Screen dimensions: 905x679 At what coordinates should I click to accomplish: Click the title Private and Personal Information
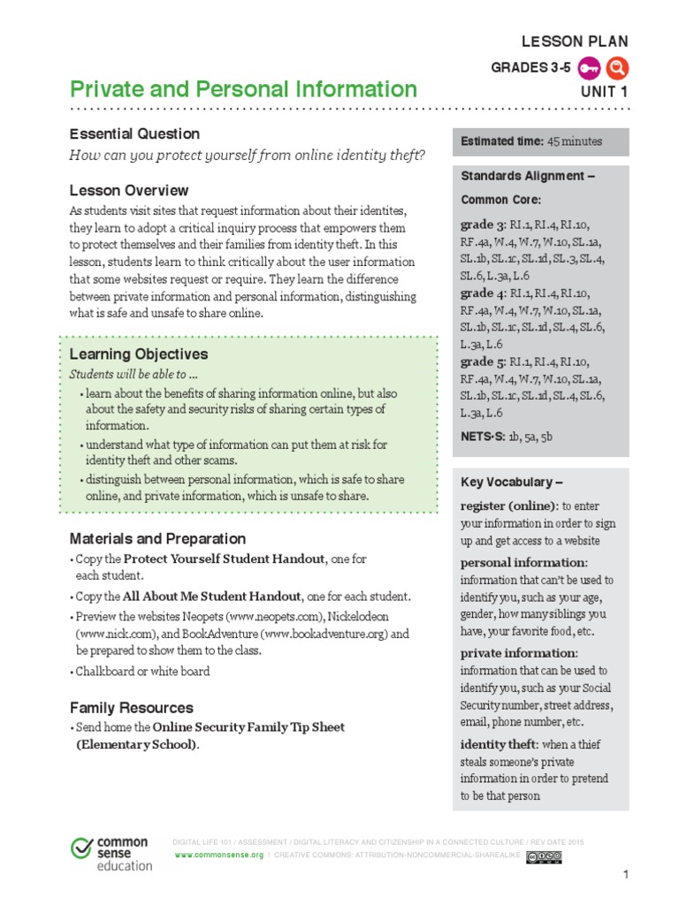coord(243,89)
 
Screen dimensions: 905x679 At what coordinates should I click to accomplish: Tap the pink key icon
coord(591,67)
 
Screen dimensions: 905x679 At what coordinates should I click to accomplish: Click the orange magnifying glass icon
coord(618,67)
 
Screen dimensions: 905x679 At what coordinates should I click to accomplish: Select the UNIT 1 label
coord(604,92)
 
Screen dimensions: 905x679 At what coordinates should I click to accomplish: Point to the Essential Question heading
coord(134,134)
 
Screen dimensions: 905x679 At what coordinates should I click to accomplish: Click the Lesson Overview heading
coord(129,190)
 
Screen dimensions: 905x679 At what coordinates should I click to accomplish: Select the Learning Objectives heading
coord(139,354)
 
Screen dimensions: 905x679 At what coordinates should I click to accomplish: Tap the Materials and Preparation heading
coord(157,538)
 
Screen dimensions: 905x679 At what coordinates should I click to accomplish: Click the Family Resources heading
coord(131,708)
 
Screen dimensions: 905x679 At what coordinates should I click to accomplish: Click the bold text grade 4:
coord(483,293)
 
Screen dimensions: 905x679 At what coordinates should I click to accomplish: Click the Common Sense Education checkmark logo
coord(82,848)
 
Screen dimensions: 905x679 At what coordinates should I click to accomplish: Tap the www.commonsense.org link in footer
coord(219,856)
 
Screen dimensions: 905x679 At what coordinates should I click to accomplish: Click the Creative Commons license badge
coord(543,856)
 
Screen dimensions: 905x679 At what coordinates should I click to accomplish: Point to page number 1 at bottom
coord(625,875)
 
